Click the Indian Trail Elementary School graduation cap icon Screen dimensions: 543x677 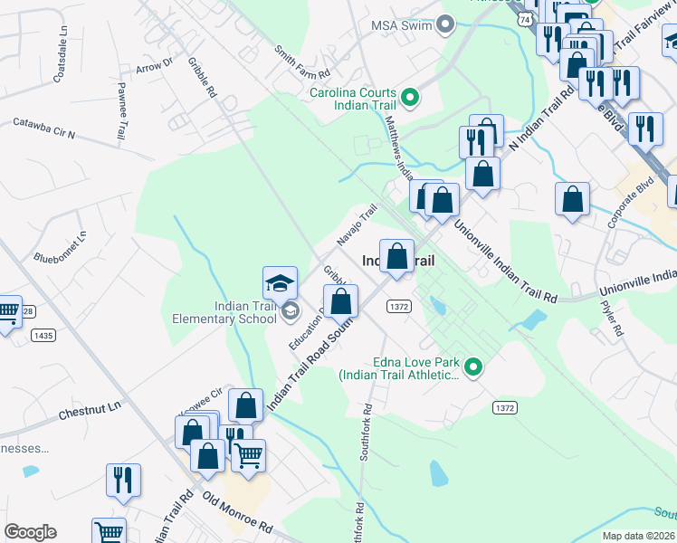click(x=281, y=284)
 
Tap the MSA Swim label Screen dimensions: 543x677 click(x=403, y=24)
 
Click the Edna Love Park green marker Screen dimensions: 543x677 click(x=472, y=367)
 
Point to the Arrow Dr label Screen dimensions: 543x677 click(x=153, y=65)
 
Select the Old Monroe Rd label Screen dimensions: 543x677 click(x=238, y=512)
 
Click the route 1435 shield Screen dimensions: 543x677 click(x=42, y=335)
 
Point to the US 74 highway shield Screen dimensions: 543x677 click(x=525, y=18)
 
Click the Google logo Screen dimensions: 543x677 click(x=30, y=532)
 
